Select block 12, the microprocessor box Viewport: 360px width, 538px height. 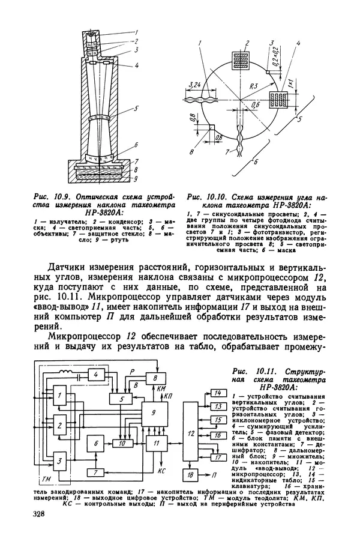(190, 432)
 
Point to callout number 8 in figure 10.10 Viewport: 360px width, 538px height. (190, 152)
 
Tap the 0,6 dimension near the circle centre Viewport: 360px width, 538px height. (238, 104)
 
